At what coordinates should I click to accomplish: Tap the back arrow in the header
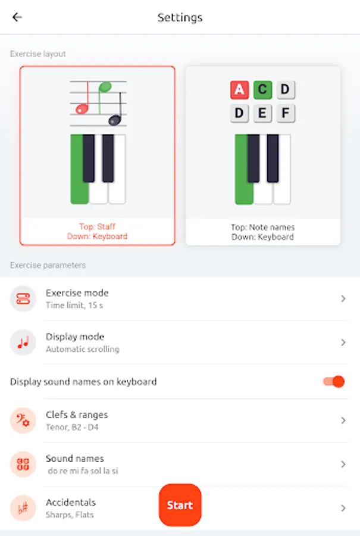(x=17, y=17)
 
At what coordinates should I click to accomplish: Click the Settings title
(x=180, y=17)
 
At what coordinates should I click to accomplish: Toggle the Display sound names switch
(x=334, y=382)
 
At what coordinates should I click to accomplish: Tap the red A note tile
(x=239, y=90)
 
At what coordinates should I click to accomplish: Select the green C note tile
(x=262, y=90)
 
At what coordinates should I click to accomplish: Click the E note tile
(x=262, y=113)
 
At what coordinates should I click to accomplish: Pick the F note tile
(x=286, y=113)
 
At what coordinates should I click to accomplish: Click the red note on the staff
(x=82, y=109)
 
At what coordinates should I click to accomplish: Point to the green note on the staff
(x=105, y=88)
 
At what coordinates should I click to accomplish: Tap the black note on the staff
(x=115, y=120)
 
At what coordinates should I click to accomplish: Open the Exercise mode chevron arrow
(x=343, y=299)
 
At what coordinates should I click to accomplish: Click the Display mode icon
(x=23, y=342)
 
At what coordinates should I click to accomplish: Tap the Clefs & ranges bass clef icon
(x=23, y=420)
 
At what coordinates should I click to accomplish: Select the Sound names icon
(x=23, y=464)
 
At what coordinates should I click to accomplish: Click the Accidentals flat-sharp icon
(x=23, y=508)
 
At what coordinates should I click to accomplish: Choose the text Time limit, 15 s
(x=74, y=306)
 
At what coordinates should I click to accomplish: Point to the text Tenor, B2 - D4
(x=72, y=427)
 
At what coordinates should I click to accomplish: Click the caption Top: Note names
(x=262, y=228)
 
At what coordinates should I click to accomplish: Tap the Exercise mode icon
(x=23, y=299)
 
